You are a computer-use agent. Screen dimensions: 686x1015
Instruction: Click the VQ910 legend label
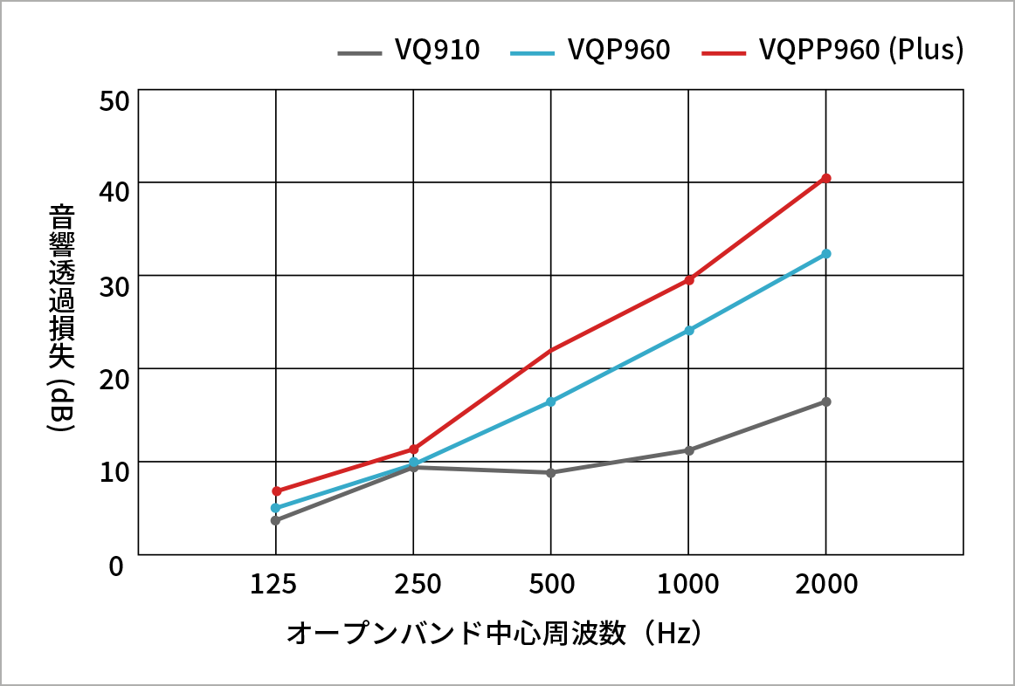(x=437, y=51)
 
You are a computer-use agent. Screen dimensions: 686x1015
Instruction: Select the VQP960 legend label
(x=618, y=51)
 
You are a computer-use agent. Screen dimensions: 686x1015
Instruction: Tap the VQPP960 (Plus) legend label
(x=861, y=51)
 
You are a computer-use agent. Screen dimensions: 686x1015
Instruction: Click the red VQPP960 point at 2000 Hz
(x=825, y=178)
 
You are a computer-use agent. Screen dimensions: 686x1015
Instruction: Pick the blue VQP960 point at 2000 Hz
(x=825, y=254)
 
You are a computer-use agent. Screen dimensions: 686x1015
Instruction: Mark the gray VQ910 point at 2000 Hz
(x=825, y=401)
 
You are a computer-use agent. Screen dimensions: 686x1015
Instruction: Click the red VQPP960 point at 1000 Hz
(x=688, y=279)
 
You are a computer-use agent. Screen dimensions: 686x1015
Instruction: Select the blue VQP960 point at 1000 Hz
(x=688, y=330)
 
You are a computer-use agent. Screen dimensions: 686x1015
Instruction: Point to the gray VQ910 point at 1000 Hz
(x=688, y=450)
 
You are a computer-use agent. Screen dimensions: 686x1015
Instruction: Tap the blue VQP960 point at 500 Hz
(x=551, y=401)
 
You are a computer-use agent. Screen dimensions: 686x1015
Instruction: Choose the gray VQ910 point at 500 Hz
(x=551, y=472)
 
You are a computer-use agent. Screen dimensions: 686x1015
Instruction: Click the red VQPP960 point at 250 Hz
(x=413, y=449)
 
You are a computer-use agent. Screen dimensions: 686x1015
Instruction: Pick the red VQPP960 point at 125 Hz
(x=276, y=490)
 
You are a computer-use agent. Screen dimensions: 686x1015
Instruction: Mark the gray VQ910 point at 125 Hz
(x=276, y=520)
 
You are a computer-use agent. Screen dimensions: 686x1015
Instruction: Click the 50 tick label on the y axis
(x=114, y=100)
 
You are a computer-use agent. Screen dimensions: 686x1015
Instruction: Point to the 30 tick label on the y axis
(x=114, y=285)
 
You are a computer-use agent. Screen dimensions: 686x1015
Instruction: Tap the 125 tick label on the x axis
(x=276, y=584)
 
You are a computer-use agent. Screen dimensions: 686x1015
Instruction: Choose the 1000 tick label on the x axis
(x=688, y=584)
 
